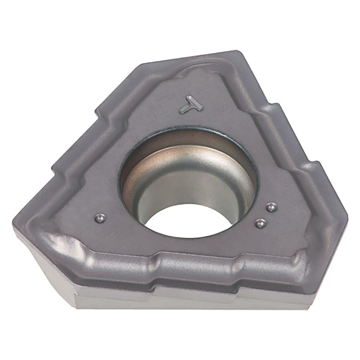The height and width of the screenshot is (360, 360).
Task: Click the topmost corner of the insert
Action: click(x=236, y=52)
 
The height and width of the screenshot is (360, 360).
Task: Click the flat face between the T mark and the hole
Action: click(x=194, y=120)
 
